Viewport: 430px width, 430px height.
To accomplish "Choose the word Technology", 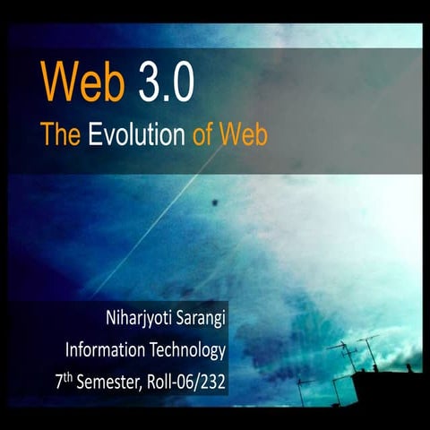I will pos(188,350).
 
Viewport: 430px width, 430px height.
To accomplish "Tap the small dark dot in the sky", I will pos(216,205).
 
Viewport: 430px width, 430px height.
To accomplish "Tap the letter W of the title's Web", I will pos(60,82).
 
